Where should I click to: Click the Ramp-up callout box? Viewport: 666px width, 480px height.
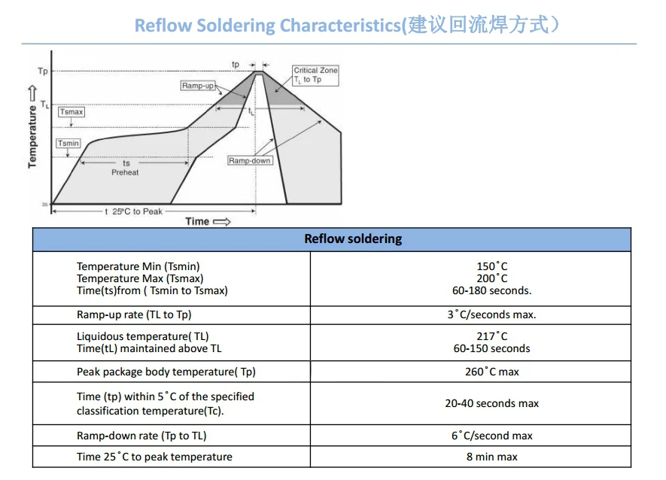point(198,86)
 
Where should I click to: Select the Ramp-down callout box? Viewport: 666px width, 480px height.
point(250,161)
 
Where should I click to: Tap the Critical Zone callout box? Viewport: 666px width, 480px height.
point(315,74)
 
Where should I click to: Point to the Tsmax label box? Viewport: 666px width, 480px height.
point(71,112)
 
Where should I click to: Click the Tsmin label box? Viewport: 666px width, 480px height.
point(68,144)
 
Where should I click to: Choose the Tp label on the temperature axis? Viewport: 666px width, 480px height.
point(42,71)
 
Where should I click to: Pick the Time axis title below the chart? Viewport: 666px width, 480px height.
point(198,221)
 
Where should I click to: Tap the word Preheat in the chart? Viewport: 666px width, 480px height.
point(125,172)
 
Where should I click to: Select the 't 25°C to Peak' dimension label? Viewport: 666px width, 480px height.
point(134,211)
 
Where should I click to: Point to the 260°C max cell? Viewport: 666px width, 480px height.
point(491,372)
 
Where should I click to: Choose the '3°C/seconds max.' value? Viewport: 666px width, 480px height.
point(491,314)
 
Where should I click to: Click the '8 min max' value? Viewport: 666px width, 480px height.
point(491,457)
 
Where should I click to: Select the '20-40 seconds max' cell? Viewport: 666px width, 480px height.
point(491,403)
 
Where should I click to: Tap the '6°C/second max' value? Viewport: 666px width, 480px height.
point(491,436)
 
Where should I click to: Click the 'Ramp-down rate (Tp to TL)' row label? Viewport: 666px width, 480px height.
point(141,436)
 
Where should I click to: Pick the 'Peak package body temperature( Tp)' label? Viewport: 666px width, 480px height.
point(166,372)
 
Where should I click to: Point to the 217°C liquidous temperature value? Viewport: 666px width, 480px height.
point(491,336)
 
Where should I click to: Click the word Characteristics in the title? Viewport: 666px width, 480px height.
point(339,26)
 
